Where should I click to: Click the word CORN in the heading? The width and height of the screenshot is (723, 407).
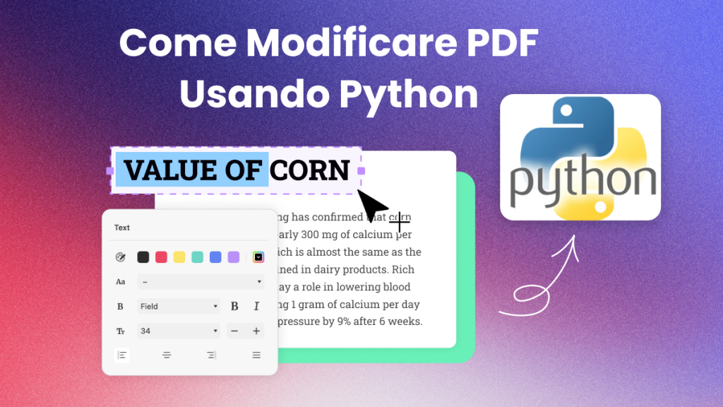(310, 170)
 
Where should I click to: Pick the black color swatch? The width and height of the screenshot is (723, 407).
(143, 257)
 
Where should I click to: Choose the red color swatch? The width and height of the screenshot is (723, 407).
(161, 257)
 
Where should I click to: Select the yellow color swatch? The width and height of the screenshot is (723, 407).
(179, 257)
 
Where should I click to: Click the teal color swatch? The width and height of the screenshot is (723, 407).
(198, 257)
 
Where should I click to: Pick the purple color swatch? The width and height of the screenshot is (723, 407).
(234, 257)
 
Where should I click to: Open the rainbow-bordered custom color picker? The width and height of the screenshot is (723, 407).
(258, 257)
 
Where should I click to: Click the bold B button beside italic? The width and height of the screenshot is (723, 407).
(234, 307)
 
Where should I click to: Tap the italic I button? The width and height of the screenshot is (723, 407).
(256, 307)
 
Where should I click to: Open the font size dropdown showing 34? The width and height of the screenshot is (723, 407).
(179, 331)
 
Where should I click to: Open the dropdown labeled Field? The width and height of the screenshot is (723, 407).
(179, 307)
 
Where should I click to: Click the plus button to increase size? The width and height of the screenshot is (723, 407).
(256, 331)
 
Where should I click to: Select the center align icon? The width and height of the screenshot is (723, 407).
(167, 355)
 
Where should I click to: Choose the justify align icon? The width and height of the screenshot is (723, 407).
(256, 355)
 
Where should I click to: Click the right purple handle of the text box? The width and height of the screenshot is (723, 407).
(361, 171)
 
